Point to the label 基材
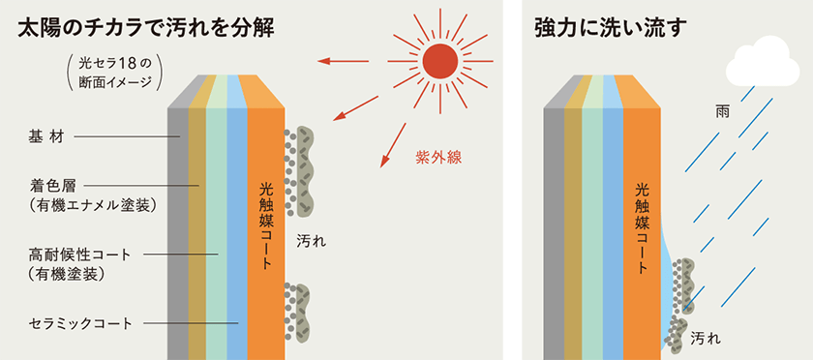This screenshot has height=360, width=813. (x=45, y=137)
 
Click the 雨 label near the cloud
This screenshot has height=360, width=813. (x=722, y=112)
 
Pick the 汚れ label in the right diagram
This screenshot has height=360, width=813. (x=707, y=339)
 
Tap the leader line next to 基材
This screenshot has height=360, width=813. (x=127, y=137)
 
